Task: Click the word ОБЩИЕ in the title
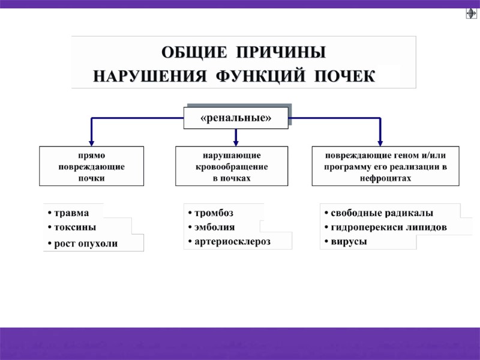tap(193, 53)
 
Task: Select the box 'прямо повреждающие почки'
tap(91, 166)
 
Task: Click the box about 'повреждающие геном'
tap(386, 166)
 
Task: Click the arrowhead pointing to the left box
tap(91, 142)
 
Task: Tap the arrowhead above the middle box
tap(236, 142)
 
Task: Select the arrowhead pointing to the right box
tap(380, 142)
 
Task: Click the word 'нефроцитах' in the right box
tap(386, 179)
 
